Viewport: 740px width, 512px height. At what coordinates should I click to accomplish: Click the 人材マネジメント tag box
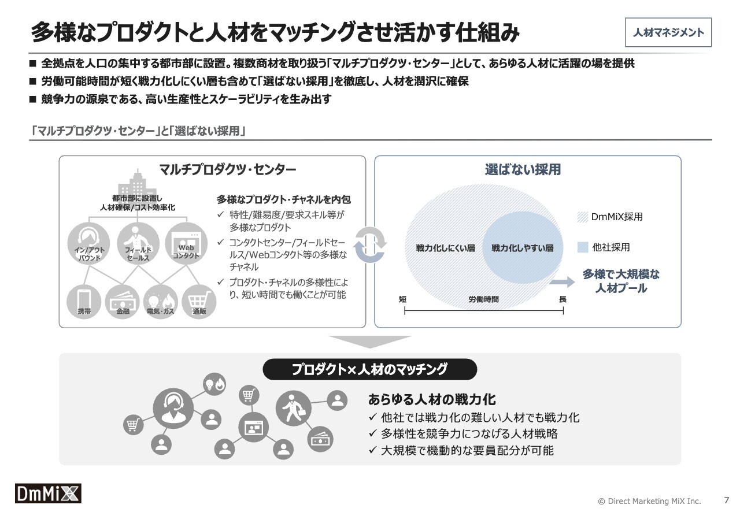[668, 33]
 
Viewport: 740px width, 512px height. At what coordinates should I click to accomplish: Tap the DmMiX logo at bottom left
[48, 493]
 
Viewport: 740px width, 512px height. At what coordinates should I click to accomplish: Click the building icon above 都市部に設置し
[134, 184]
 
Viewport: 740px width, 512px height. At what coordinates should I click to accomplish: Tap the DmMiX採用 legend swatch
[582, 217]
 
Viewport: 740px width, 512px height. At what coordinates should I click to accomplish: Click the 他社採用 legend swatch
[582, 247]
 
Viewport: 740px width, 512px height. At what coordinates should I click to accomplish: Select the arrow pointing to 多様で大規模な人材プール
[562, 282]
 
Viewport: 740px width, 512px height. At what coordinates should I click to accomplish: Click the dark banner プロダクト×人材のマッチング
[369, 369]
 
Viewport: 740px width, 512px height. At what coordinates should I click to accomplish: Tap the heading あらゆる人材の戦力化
[432, 399]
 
